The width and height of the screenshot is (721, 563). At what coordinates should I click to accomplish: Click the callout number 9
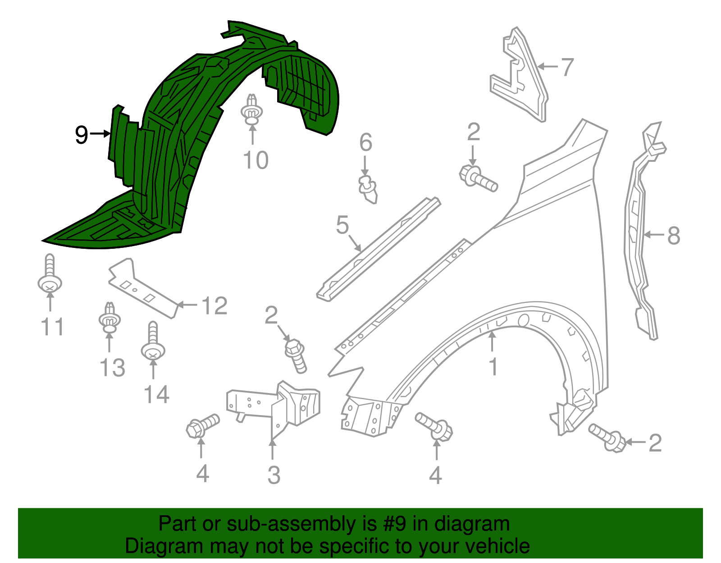click(x=81, y=135)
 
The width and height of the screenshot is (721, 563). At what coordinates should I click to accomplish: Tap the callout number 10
click(x=256, y=160)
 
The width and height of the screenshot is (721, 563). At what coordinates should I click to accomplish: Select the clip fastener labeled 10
click(x=252, y=109)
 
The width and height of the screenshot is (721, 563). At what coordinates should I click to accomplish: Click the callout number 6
click(x=365, y=142)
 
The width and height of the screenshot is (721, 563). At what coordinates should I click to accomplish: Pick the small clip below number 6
click(x=368, y=189)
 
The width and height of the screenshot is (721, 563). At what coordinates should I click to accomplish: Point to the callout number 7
click(x=567, y=67)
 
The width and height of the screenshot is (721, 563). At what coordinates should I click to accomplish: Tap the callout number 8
click(x=674, y=236)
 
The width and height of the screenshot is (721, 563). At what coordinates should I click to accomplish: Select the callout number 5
click(x=342, y=224)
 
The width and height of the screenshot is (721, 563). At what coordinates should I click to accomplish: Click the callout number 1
click(x=493, y=366)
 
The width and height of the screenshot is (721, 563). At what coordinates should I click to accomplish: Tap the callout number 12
click(x=215, y=306)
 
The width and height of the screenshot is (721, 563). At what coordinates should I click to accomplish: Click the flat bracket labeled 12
click(x=143, y=288)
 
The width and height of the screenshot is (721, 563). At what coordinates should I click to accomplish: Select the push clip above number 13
click(x=110, y=317)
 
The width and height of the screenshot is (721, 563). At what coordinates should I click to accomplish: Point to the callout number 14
click(x=157, y=394)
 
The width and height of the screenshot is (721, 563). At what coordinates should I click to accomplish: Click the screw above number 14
click(x=153, y=341)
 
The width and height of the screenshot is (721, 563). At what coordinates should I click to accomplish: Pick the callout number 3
click(x=274, y=475)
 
